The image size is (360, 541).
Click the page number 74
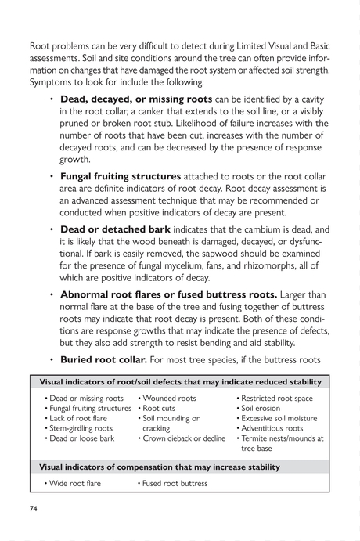tap(34, 508)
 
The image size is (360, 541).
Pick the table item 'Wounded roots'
tap(170, 399)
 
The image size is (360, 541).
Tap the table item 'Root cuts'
tap(160, 409)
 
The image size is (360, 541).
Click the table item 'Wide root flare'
tap(76, 483)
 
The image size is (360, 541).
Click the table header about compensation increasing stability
tap(160, 467)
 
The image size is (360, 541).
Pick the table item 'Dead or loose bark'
tap(82, 438)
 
